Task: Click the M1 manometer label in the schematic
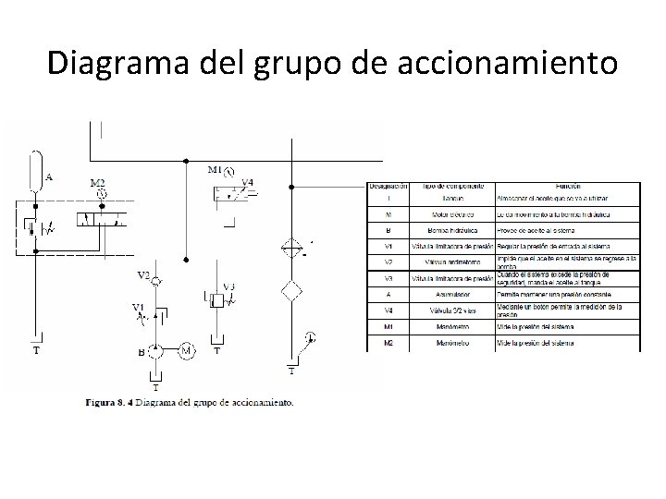point(215,170)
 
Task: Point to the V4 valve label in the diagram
point(247,183)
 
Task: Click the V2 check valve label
point(143,275)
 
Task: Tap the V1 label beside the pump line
point(138,307)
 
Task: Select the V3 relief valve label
point(228,286)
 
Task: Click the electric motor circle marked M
point(186,350)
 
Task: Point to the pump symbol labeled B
point(157,351)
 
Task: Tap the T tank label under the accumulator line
point(36,351)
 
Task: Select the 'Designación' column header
point(389,186)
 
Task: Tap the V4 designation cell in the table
point(388,308)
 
